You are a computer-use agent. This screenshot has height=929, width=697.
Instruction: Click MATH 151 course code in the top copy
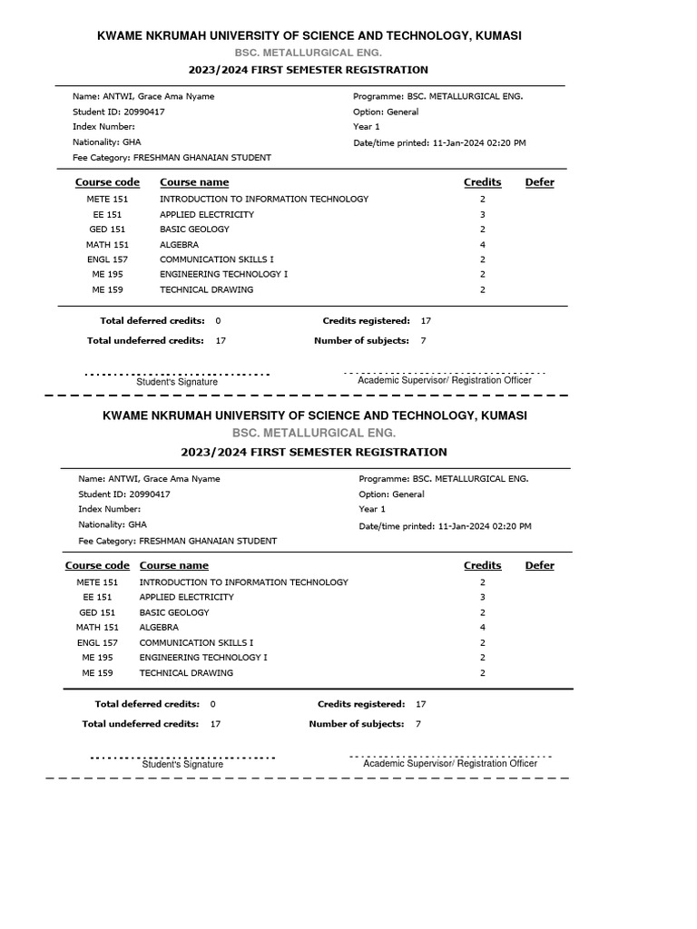coord(107,245)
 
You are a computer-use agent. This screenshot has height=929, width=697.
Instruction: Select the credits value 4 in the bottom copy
coord(483,628)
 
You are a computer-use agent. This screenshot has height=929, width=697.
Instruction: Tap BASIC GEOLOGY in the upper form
coord(194,230)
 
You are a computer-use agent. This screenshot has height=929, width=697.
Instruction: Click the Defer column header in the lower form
coord(539,565)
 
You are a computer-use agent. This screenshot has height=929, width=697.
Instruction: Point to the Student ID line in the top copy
coord(119,112)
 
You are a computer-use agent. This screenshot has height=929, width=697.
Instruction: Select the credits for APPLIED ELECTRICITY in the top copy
coord(483,215)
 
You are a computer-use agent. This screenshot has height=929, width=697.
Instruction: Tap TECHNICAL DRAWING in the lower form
coord(186,673)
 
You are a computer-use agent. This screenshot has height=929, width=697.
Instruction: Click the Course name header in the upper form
coord(194,182)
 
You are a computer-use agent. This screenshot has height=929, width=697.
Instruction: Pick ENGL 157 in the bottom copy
coord(97,643)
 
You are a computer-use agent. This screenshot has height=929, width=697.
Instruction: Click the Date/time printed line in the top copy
coord(439,143)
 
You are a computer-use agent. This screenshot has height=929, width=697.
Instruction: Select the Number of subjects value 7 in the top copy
coord(423,341)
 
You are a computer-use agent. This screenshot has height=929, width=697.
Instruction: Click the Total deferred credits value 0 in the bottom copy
coord(212,704)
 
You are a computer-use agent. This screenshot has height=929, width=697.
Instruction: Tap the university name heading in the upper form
coord(309,35)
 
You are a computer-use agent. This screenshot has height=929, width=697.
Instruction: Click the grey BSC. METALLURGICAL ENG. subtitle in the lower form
coord(314,434)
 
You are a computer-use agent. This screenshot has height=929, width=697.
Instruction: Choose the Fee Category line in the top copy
coord(172,158)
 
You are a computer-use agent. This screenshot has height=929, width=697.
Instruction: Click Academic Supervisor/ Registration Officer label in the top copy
coord(445,381)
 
